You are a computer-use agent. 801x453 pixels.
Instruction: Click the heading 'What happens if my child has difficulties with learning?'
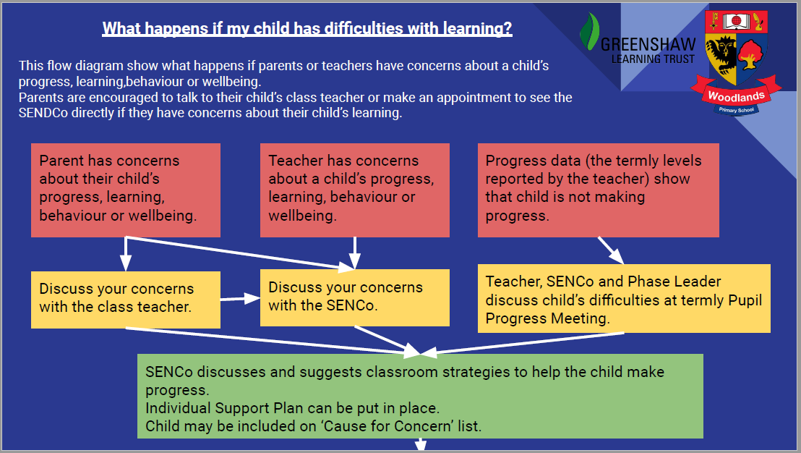307,29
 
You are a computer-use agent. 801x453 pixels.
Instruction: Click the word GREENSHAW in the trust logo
648,44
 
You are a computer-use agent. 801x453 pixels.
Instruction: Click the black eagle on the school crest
721,54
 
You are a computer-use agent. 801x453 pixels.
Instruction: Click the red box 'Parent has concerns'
126,190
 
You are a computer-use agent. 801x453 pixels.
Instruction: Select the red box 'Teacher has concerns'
354,190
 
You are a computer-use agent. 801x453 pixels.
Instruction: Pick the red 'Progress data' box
598,190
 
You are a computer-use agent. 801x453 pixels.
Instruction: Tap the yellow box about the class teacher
126,300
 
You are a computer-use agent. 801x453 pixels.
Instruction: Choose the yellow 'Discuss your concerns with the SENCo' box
354,297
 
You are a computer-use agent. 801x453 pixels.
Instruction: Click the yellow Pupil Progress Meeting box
624,299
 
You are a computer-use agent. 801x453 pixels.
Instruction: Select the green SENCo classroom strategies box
420,397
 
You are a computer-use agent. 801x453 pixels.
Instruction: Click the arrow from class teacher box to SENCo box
240,299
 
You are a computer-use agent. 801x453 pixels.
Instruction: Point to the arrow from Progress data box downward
610,250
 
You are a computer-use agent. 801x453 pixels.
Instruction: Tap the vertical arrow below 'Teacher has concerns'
354,253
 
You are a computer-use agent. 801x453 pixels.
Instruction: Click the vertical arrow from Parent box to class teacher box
126,254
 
